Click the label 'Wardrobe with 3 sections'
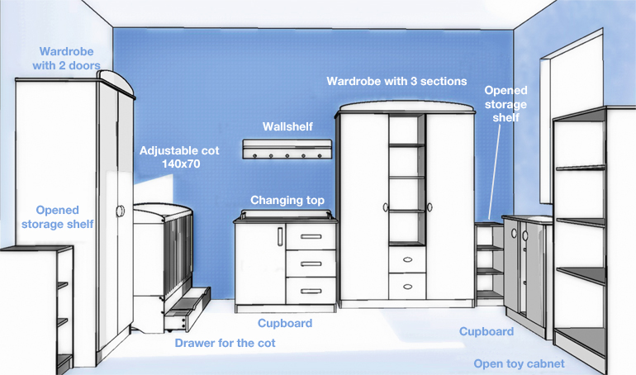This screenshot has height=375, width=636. tap(396, 81)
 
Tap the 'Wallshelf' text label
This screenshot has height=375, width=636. tap(287, 126)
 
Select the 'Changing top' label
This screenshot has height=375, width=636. tap(287, 200)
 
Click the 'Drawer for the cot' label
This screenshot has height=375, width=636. tap(225, 342)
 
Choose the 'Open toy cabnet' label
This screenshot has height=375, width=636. tap(520, 363)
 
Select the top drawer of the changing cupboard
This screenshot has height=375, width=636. tap(311, 237)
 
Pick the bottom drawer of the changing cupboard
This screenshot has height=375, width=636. tap(311, 290)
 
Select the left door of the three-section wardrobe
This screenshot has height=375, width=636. tap(363, 206)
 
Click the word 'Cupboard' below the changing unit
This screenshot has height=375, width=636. tap(285, 323)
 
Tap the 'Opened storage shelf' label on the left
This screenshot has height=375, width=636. tap(64, 216)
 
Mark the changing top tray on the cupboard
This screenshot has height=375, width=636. tap(286, 216)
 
